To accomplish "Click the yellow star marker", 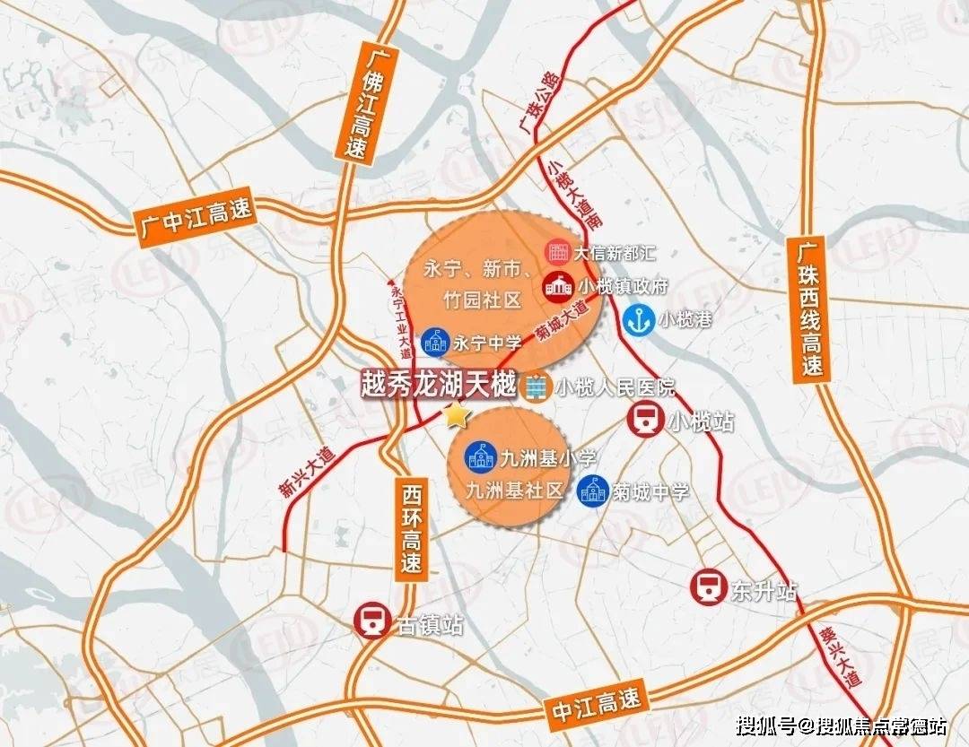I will pos(458,415).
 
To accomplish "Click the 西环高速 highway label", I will pos(410,529).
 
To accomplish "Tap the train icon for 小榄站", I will pos(645,420).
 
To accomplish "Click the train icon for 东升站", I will pos(707,587).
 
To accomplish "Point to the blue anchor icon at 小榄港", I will pos(638,317).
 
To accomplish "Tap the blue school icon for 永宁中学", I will pos(434,341).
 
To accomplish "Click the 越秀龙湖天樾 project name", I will pos(438,386).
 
